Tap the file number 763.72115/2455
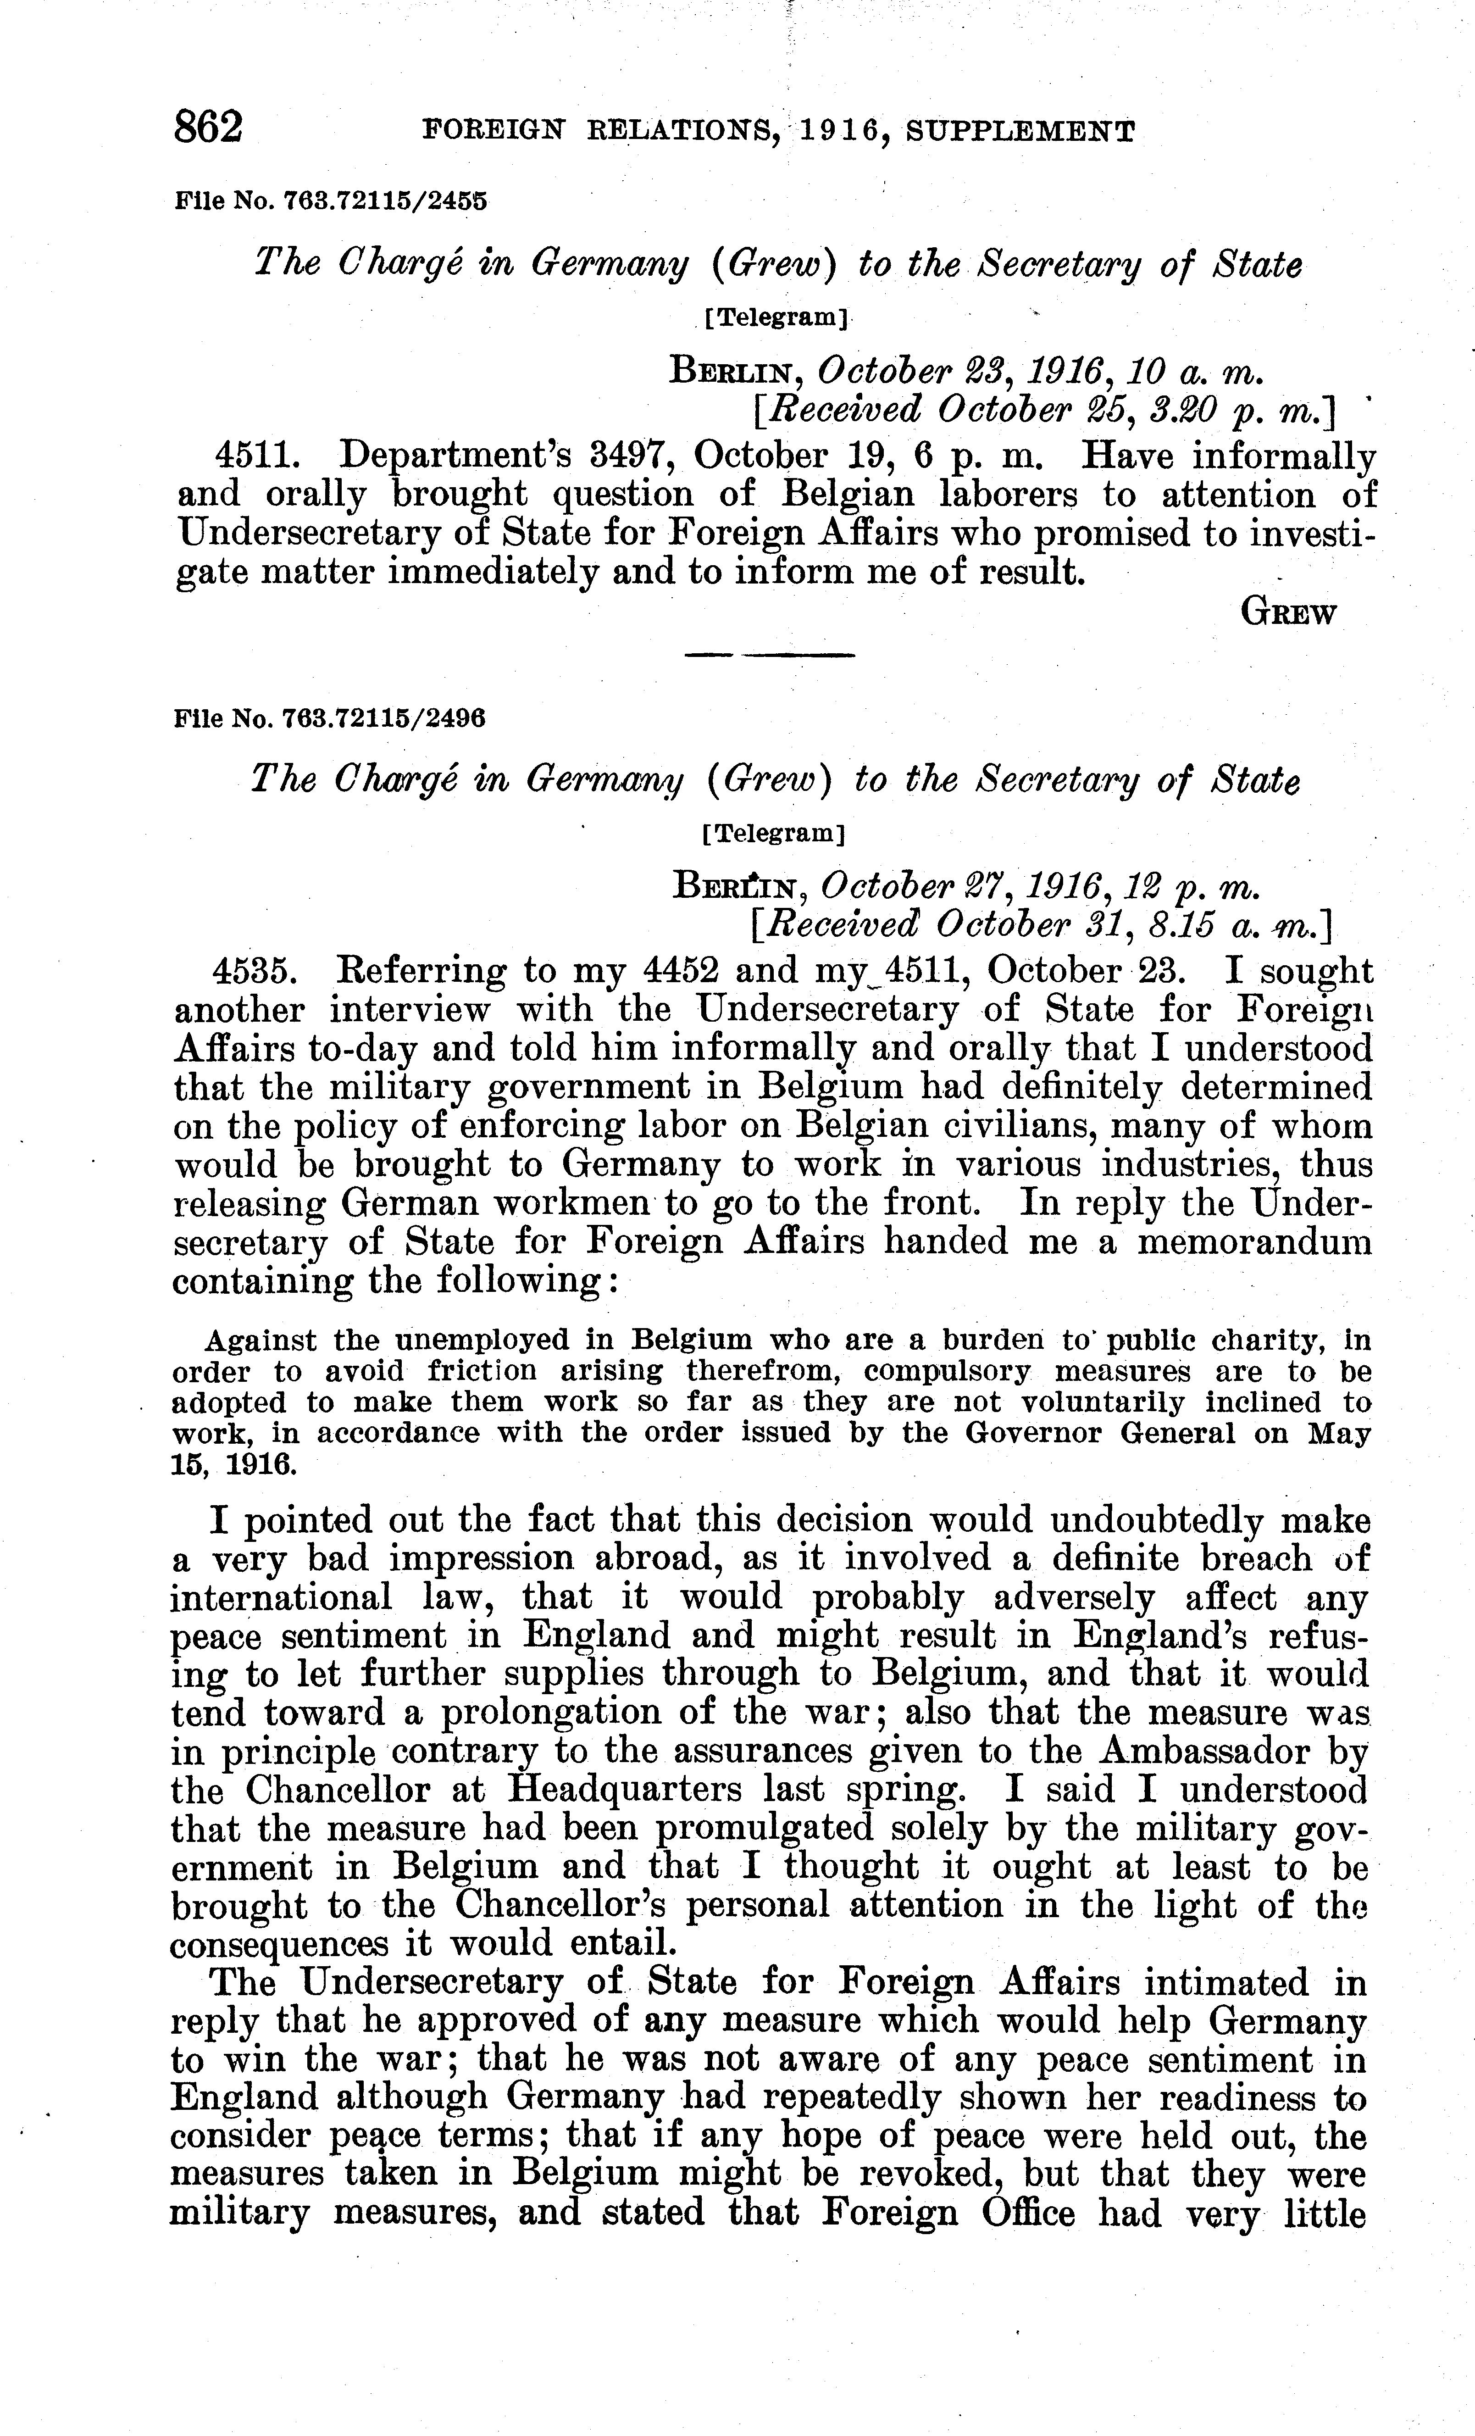(x=386, y=202)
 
